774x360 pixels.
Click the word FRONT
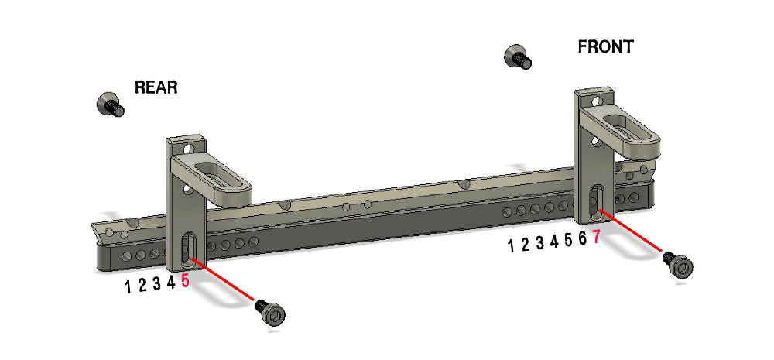(x=605, y=47)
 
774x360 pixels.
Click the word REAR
(x=156, y=87)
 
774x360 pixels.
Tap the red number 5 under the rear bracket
(x=186, y=282)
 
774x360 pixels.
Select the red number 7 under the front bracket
(x=596, y=238)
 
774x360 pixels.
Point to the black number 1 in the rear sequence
(x=128, y=287)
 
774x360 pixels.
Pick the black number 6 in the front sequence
(x=582, y=239)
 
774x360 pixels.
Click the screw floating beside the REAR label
(x=111, y=104)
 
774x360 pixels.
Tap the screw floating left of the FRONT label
(x=516, y=57)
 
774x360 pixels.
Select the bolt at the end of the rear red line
(x=272, y=313)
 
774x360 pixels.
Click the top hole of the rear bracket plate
(x=188, y=146)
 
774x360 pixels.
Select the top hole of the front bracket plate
(x=595, y=100)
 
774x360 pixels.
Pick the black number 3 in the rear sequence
(x=156, y=284)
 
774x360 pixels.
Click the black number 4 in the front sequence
(x=554, y=242)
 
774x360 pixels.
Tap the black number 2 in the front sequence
(x=526, y=245)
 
